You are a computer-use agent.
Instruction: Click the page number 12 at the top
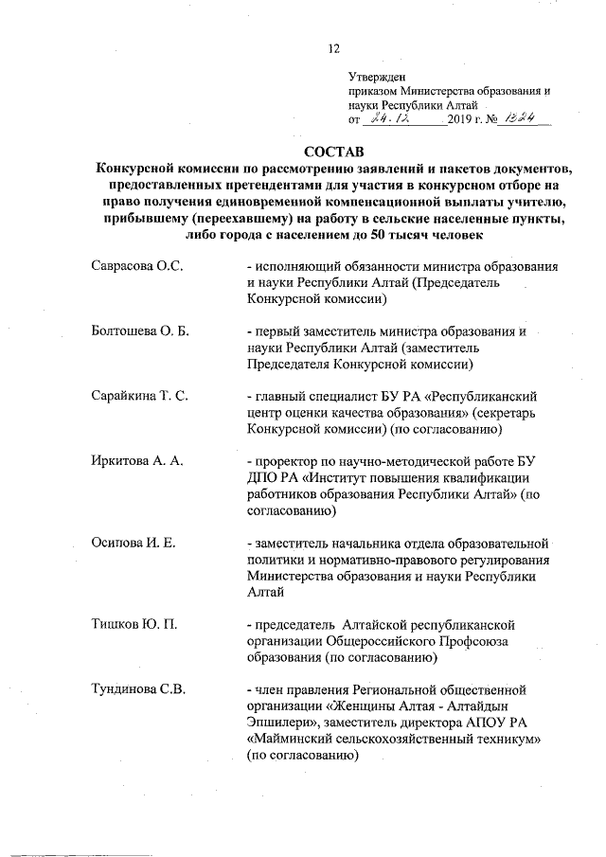332,49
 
